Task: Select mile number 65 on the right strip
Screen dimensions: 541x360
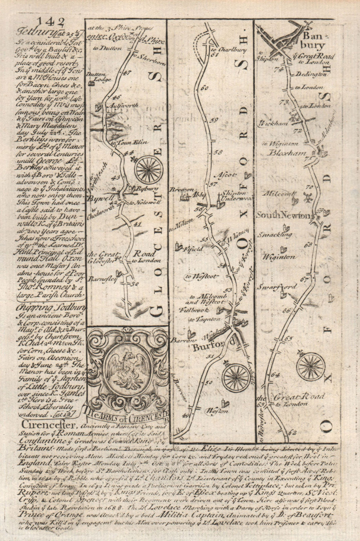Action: (x=288, y=338)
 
